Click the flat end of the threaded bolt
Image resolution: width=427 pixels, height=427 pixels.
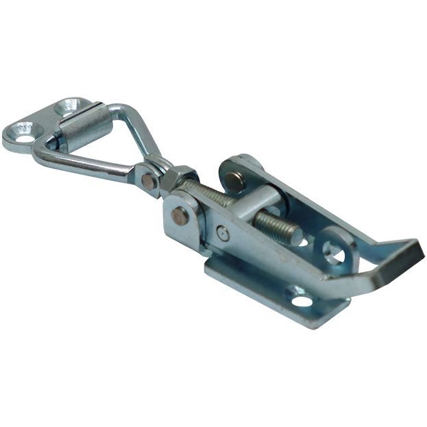pos(299,237)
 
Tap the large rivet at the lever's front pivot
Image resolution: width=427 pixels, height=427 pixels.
pos(180,215)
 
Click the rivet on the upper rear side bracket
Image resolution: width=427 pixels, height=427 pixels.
pos(235,180)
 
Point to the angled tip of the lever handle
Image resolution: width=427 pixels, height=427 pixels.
pos(404,257)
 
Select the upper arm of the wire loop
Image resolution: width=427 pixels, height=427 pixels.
pos(141,134)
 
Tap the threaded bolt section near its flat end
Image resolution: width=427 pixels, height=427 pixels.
pos(278,227)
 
